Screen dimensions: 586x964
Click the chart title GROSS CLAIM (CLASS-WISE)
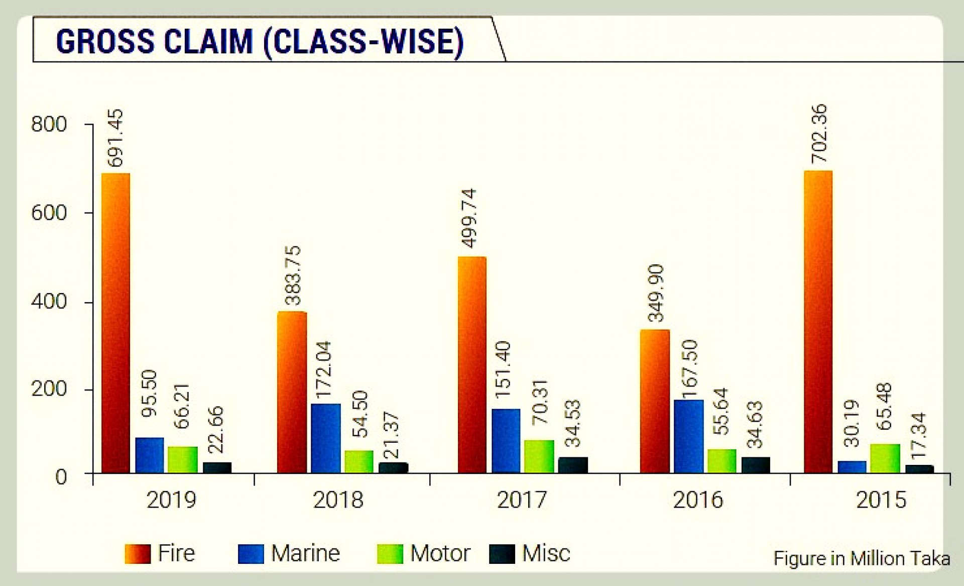260,41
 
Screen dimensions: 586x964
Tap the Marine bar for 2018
325,438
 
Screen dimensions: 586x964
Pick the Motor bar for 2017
539,456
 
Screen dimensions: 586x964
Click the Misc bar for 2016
755,465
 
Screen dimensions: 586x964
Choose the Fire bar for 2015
818,322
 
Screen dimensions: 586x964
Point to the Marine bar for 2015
852,467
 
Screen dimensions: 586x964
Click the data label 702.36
818,133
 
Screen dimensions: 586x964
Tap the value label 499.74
470,218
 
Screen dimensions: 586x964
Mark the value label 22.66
215,429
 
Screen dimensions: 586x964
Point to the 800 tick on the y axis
49,124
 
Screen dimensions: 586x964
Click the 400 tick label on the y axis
49,302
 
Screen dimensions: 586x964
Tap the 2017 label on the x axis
522,500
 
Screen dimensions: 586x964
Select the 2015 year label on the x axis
881,500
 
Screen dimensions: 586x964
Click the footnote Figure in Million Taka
862,559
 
